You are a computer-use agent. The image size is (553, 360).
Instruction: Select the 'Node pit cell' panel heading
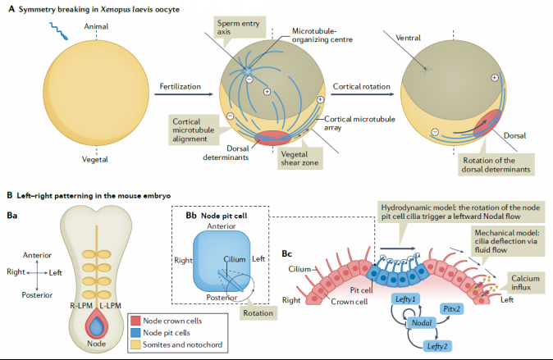click(227, 213)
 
